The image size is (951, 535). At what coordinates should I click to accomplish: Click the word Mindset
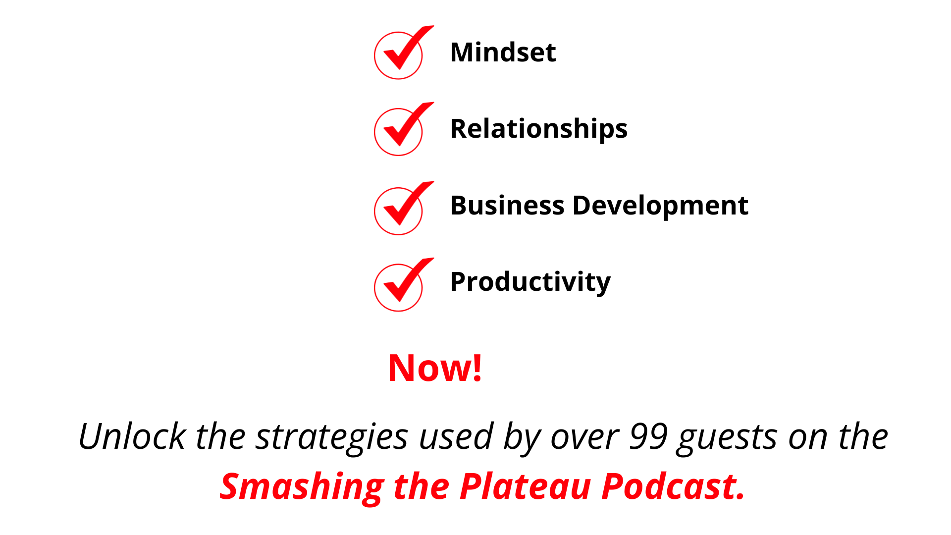click(x=503, y=53)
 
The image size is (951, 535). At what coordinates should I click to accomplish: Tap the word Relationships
click(x=538, y=129)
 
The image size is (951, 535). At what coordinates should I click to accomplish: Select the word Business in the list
click(x=507, y=206)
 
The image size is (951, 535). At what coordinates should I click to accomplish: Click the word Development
click(x=660, y=206)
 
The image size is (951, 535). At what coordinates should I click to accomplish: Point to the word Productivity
click(x=530, y=282)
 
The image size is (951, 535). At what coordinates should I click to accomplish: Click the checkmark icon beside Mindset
click(x=400, y=53)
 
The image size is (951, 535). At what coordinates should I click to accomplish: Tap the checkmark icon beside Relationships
click(x=400, y=130)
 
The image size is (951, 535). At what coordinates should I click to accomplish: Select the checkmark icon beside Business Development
click(x=400, y=209)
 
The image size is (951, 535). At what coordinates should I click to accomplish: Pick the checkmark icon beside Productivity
click(x=400, y=286)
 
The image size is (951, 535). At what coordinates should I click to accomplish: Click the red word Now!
click(x=435, y=368)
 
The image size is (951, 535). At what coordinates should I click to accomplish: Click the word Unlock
click(x=132, y=436)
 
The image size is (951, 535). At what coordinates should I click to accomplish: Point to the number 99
click(x=648, y=436)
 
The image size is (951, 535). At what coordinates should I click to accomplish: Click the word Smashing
click(x=302, y=486)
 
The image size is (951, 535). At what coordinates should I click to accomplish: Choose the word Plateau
click(x=525, y=486)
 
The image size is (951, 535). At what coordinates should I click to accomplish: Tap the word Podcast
click(x=672, y=486)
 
